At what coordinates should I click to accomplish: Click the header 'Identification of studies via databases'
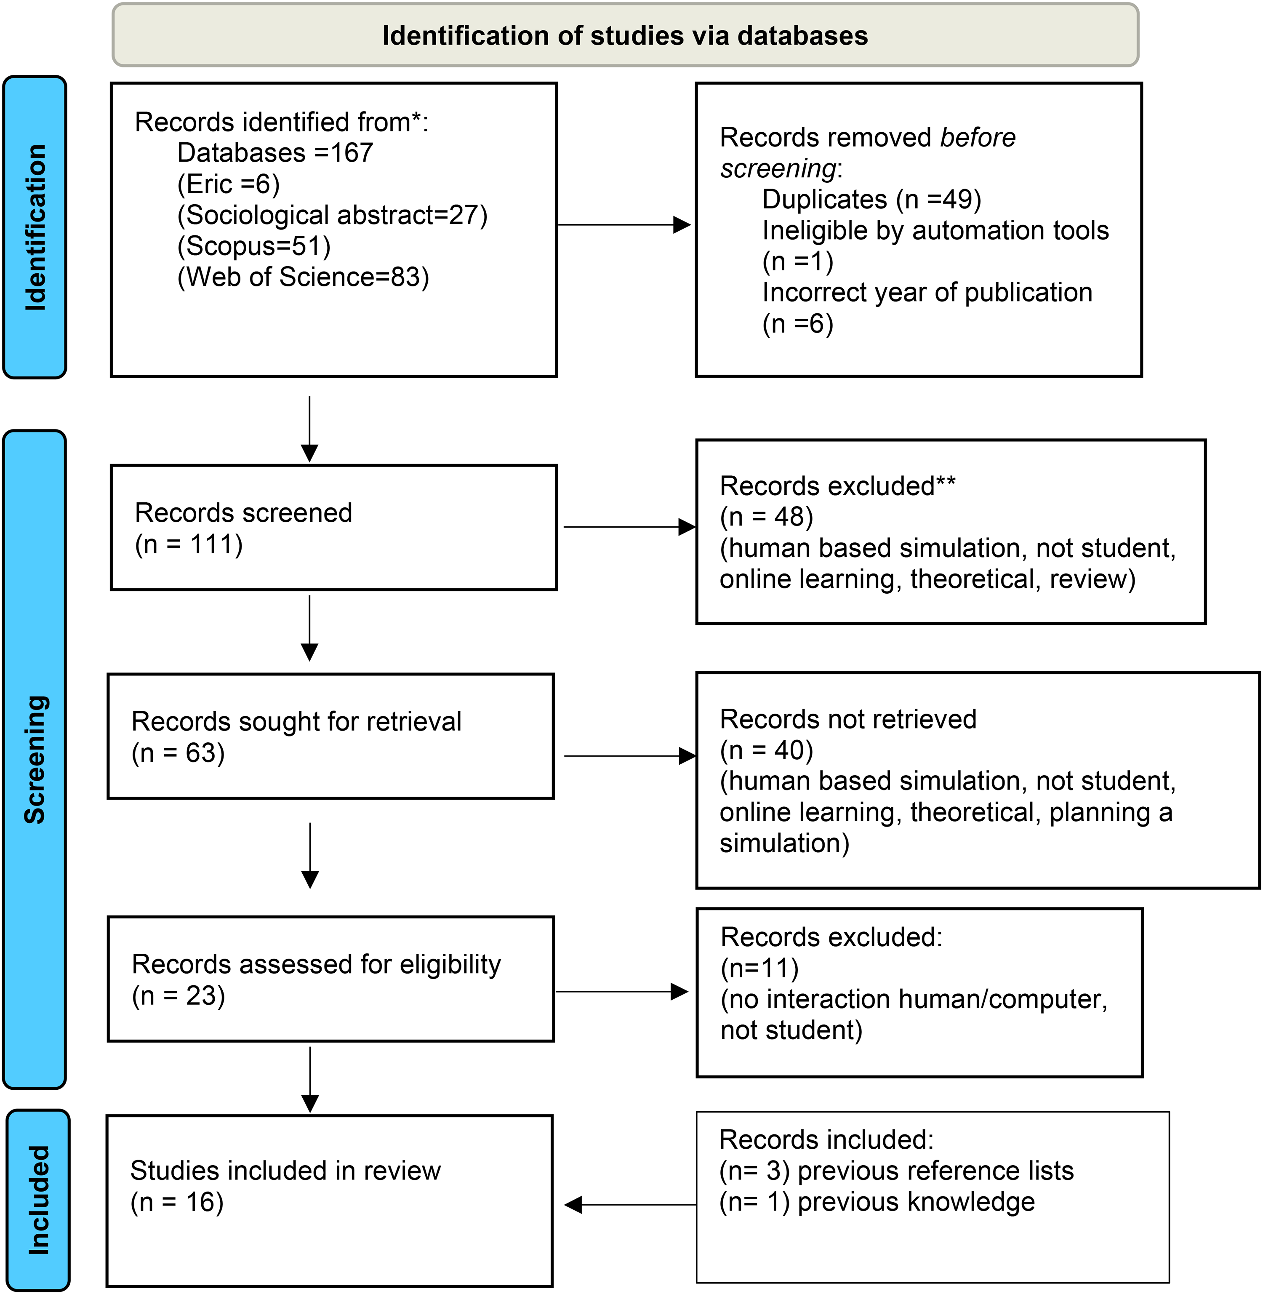click(x=625, y=36)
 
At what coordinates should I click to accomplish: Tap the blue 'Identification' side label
click(x=35, y=227)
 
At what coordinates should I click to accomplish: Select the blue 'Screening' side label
click(x=35, y=759)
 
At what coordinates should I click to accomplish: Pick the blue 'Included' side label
click(x=38, y=1200)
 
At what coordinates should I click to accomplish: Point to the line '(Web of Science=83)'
click(x=303, y=277)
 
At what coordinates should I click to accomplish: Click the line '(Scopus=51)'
click(x=254, y=246)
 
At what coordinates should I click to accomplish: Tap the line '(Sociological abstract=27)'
click(x=332, y=215)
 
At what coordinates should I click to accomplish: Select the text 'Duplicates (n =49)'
click(x=871, y=199)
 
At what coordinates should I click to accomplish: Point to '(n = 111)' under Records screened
click(x=188, y=544)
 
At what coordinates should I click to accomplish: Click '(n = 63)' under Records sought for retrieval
click(x=178, y=753)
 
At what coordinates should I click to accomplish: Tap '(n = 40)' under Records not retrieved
click(x=766, y=750)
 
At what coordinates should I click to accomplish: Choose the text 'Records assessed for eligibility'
click(x=317, y=964)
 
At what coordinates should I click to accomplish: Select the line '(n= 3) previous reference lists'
click(x=896, y=1171)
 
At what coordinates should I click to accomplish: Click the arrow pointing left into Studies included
click(x=630, y=1204)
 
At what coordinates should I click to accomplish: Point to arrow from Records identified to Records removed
click(x=624, y=225)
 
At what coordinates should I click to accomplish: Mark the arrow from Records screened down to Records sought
click(x=310, y=628)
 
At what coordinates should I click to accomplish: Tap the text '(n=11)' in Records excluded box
click(x=759, y=968)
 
